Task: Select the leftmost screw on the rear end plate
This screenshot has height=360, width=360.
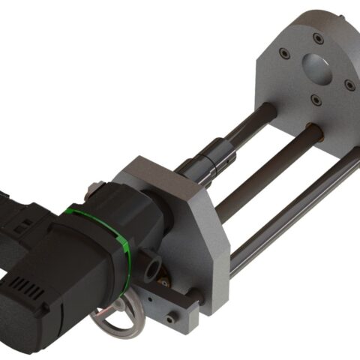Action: [x=284, y=53]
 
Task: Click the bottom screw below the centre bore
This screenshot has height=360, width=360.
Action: [x=315, y=100]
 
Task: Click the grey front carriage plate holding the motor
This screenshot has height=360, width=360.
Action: [x=199, y=225]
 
